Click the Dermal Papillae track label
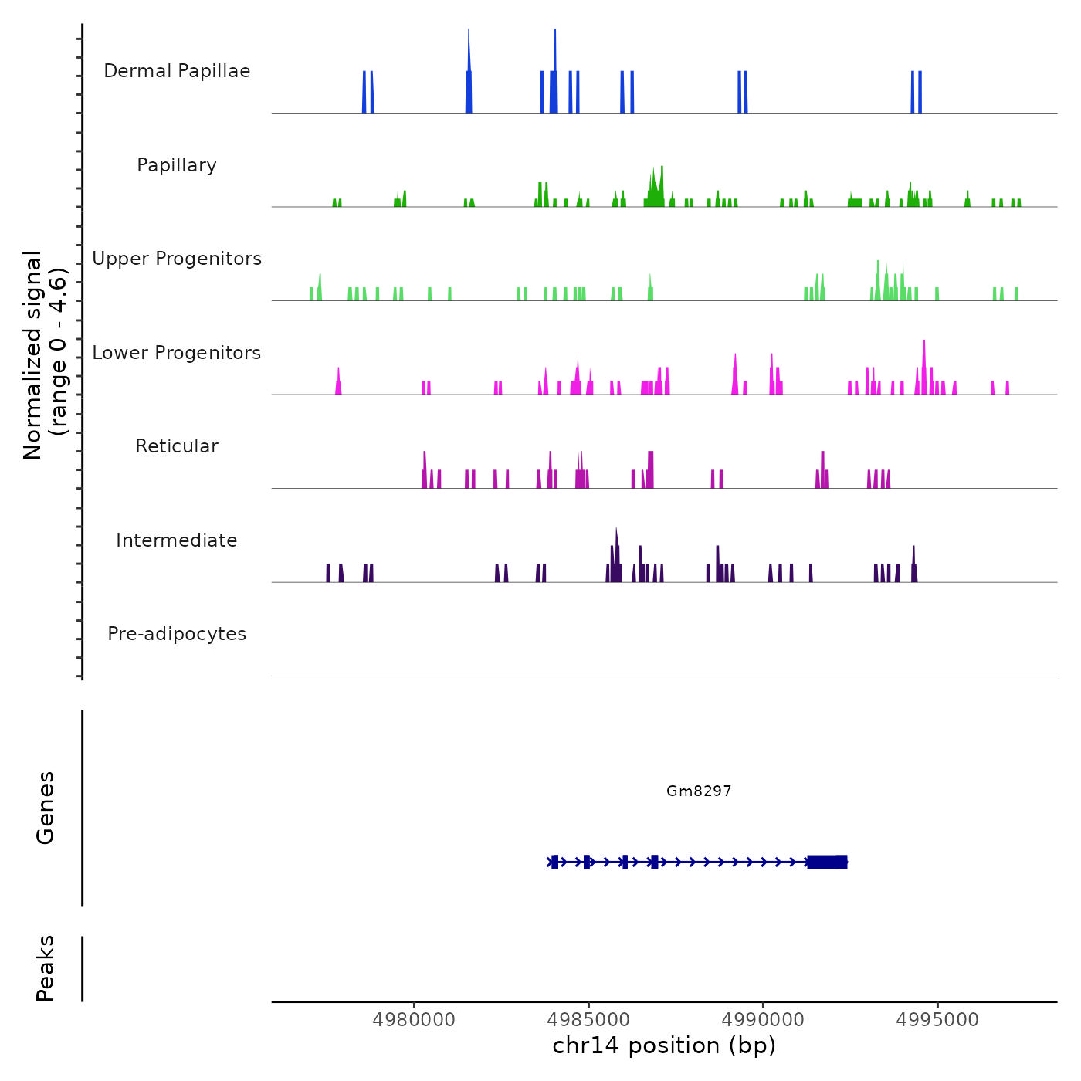177,71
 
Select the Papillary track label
177,165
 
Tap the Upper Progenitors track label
177,259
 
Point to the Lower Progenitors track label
177,353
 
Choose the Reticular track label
177,446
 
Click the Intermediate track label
177,540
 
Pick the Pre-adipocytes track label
177,634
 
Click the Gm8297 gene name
699,791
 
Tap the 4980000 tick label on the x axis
414,1020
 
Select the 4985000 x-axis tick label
588,1020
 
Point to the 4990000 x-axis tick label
763,1020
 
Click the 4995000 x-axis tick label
937,1020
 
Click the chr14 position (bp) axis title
664,1046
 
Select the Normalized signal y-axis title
45,355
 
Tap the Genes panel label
46,808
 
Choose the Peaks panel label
46,968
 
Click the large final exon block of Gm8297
827,862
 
